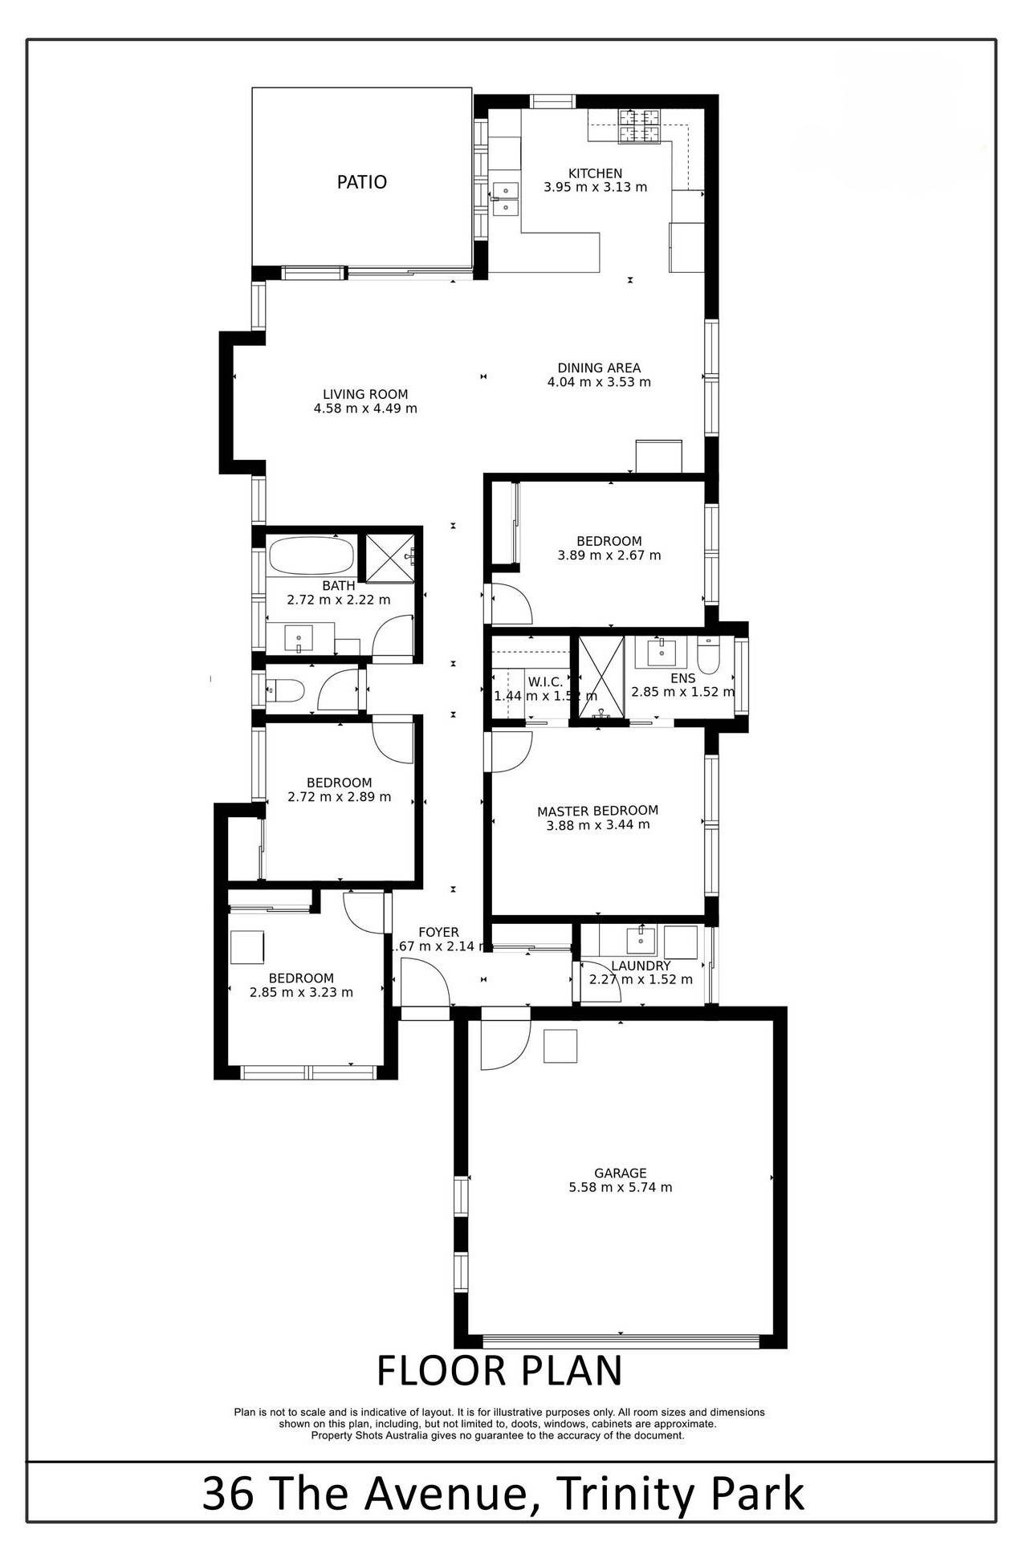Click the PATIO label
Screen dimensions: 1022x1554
(361, 182)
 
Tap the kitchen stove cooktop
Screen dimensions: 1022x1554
(637, 127)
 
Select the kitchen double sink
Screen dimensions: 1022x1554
(507, 199)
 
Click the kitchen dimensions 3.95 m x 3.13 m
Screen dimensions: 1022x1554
(595, 187)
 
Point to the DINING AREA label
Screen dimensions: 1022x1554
(599, 368)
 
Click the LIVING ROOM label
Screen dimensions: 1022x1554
(365, 394)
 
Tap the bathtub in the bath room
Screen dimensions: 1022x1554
(311, 555)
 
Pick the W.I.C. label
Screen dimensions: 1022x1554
(545, 682)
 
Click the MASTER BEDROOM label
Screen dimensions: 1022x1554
(597, 811)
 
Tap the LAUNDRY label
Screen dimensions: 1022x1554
(641, 966)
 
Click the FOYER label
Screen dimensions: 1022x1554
(438, 932)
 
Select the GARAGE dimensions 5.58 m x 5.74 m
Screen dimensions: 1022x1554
(621, 1187)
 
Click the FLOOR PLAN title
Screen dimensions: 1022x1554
(499, 1371)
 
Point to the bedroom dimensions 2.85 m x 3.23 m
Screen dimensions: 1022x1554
(301, 992)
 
